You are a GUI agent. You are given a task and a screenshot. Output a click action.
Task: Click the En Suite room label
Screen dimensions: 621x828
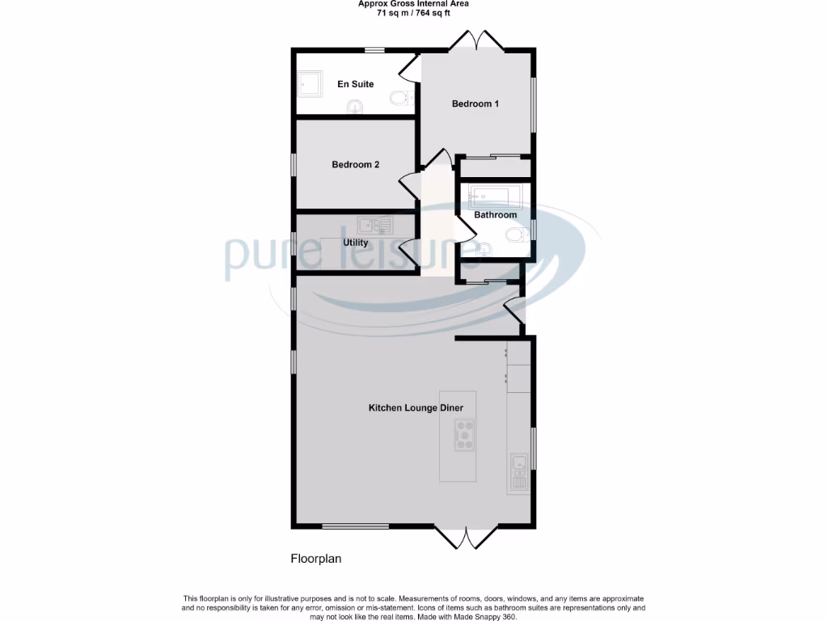pos(355,84)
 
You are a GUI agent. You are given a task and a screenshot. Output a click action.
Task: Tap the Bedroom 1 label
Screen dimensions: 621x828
pos(475,103)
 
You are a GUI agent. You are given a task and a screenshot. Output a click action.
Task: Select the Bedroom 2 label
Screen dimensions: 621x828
pos(355,165)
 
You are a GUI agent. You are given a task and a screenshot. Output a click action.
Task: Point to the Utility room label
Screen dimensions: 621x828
pos(356,243)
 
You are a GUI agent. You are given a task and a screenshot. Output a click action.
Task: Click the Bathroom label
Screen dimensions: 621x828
pos(495,215)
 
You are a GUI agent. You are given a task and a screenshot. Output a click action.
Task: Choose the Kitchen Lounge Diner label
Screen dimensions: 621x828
pos(416,408)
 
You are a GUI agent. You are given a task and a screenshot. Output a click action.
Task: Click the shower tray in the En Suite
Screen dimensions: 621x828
pos(310,83)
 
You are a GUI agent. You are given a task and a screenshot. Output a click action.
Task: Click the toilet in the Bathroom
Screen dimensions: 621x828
pos(515,235)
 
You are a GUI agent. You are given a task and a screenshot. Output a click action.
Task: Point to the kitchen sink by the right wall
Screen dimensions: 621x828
pos(518,463)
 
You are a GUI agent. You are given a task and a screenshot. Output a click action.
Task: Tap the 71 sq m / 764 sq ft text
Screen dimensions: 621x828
pos(413,13)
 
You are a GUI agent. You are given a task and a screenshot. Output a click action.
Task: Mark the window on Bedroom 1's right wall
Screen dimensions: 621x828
pos(533,103)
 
